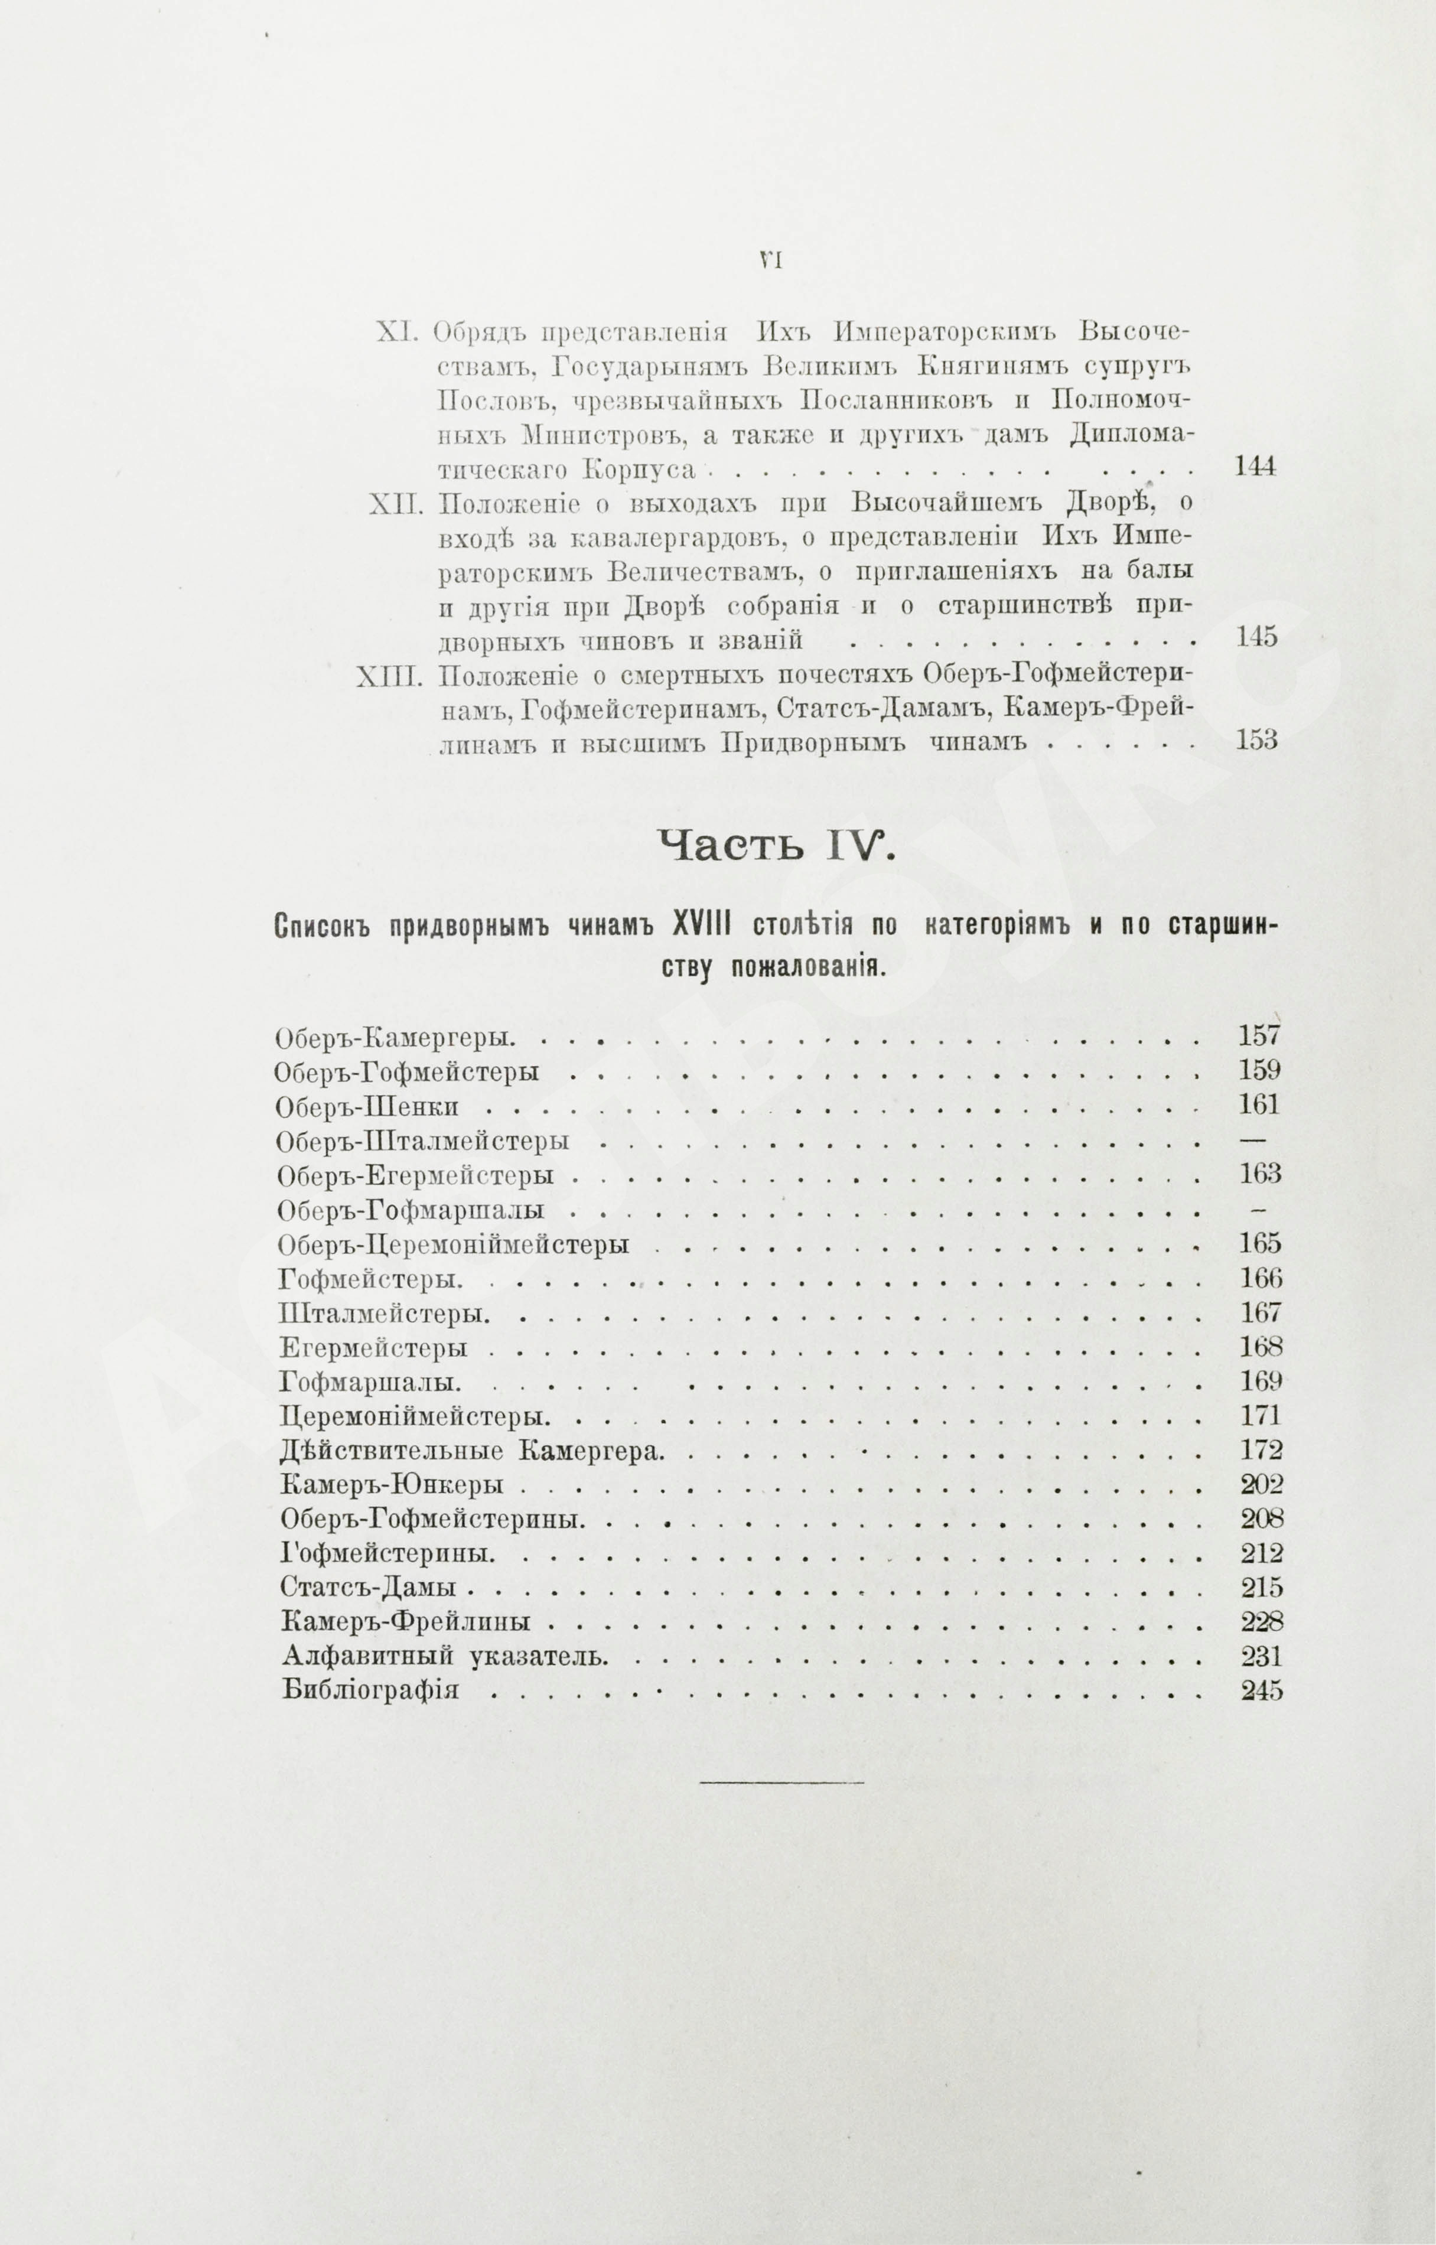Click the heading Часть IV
pos(773,846)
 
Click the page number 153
pos(1255,741)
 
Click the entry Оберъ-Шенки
pos(369,1107)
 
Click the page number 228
pos(1262,1621)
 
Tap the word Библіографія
pos(370,1690)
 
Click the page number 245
pos(1262,1690)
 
